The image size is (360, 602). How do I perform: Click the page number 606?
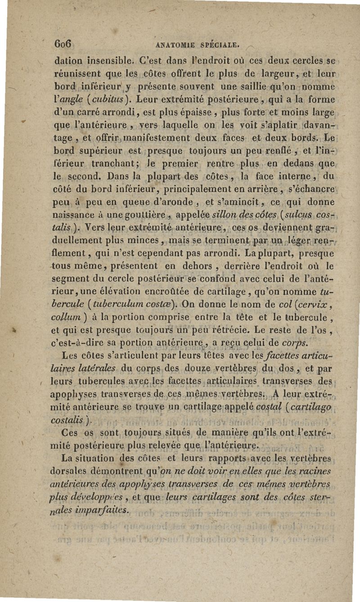tap(63, 44)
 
